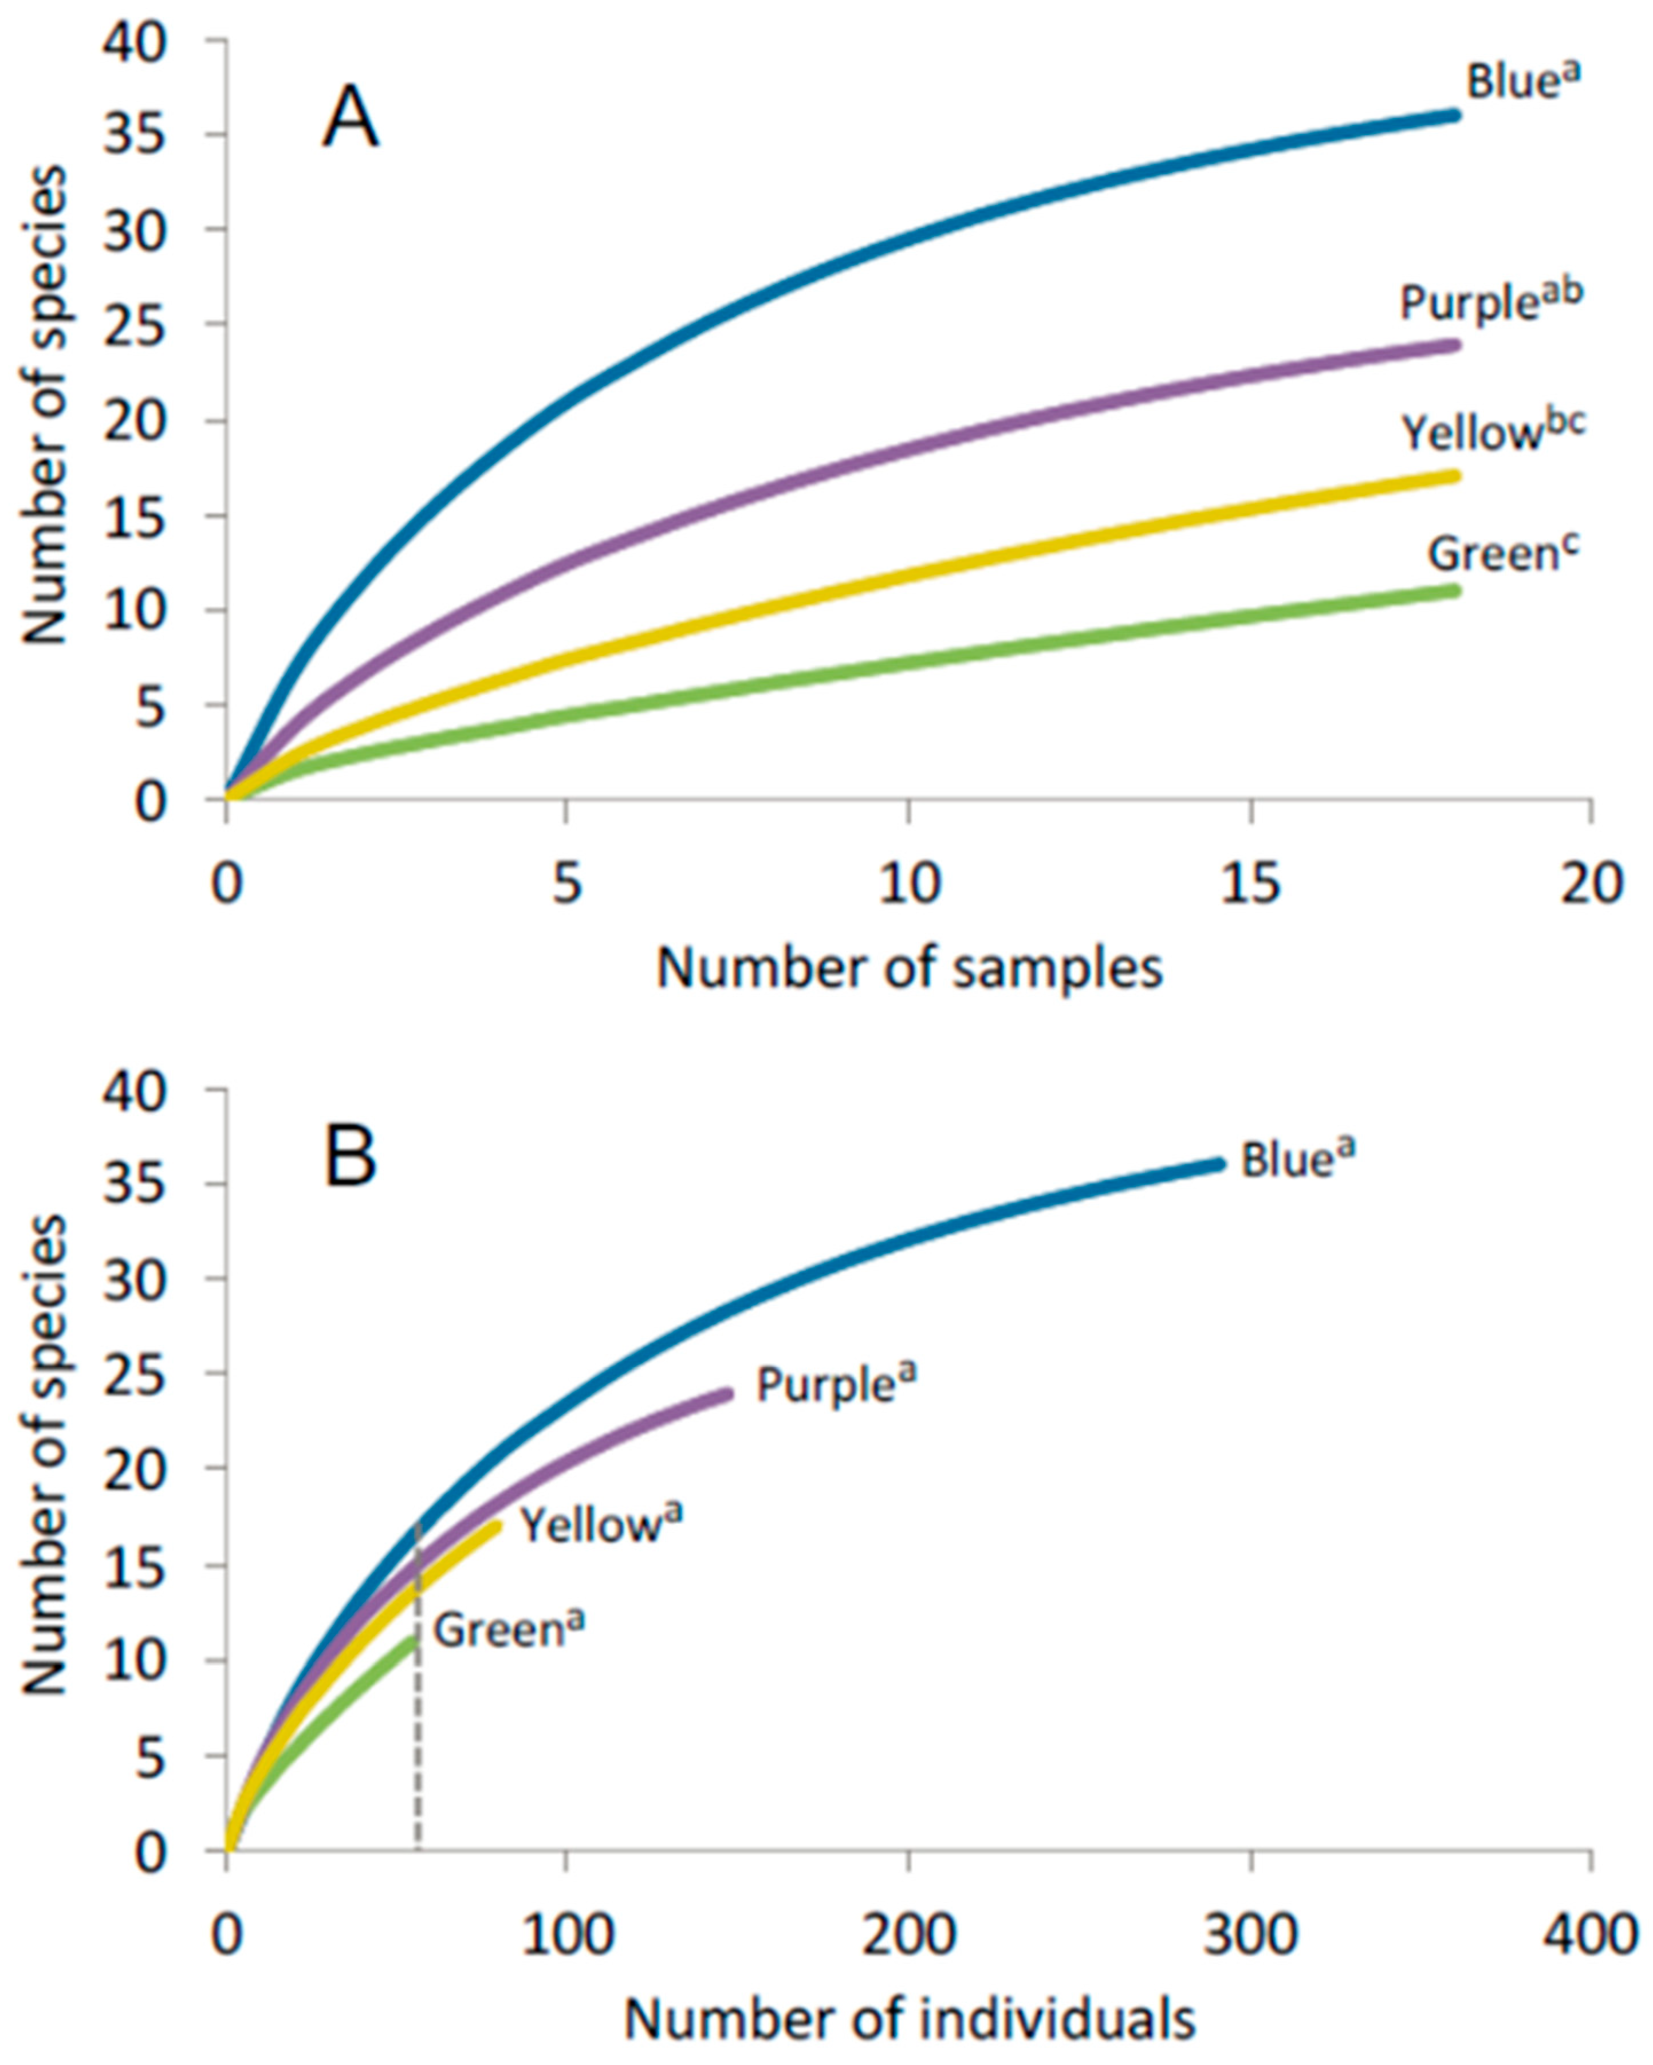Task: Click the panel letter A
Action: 351,124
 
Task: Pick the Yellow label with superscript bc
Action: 1492,432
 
